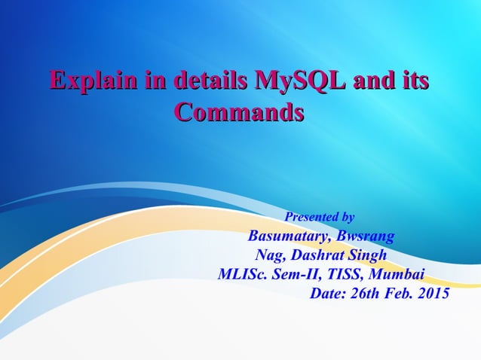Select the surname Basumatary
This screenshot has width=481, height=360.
[291, 235]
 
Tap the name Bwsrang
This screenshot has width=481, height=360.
[366, 235]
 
